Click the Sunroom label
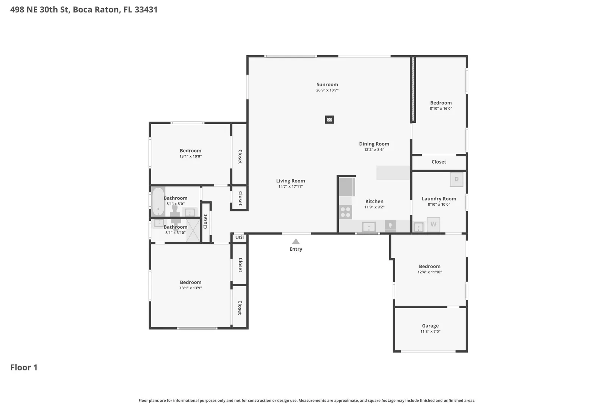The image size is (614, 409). click(x=327, y=84)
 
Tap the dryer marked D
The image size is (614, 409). click(x=456, y=179)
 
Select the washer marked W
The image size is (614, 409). click(x=433, y=225)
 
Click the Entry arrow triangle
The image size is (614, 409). click(x=296, y=241)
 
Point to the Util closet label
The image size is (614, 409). click(x=239, y=237)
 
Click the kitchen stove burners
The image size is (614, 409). click(x=345, y=212)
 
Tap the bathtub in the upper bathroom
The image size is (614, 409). click(x=158, y=201)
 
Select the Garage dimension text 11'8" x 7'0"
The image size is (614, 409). click(x=430, y=331)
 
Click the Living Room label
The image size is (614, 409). click(x=290, y=181)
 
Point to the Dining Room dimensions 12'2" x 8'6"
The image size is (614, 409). click(x=374, y=150)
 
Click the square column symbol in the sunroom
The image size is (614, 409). click(x=329, y=120)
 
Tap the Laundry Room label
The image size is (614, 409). click(x=439, y=198)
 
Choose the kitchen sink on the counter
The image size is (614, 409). click(x=369, y=227)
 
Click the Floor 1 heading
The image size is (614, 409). click(x=24, y=367)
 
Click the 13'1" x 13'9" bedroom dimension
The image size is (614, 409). click(x=191, y=288)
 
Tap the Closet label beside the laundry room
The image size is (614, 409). click(x=439, y=162)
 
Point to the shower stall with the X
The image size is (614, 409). click(x=193, y=230)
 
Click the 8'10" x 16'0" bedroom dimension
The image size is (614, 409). click(x=441, y=108)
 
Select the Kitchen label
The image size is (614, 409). click(x=374, y=201)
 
